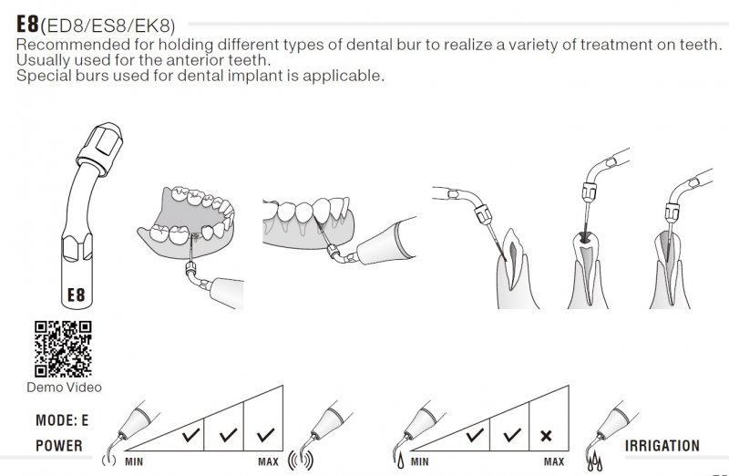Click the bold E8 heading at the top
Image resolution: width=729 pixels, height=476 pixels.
point(27,25)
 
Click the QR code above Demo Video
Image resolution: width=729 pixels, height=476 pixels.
point(63,348)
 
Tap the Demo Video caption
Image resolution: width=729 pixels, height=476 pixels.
point(64,388)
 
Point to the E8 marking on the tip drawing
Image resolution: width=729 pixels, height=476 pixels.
point(77,295)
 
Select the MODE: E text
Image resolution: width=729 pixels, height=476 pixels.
point(62,420)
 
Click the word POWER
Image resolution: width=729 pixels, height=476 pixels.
point(59,445)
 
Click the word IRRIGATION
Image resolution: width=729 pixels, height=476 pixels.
point(662,446)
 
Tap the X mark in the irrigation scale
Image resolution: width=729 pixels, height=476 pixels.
point(546,436)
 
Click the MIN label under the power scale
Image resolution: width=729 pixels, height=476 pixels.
point(134,462)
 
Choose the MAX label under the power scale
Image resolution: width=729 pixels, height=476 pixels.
point(268,462)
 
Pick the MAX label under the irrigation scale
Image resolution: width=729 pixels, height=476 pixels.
point(554,462)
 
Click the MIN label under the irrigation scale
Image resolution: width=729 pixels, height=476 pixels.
point(420,462)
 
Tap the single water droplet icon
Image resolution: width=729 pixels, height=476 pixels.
point(400,460)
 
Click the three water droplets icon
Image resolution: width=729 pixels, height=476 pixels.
point(595,461)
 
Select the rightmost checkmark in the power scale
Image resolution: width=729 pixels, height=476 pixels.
point(265,435)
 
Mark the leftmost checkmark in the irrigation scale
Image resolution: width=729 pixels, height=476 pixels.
point(475,435)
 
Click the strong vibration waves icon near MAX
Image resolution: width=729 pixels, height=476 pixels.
point(301,460)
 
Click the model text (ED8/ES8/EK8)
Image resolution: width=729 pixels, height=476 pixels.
point(108,26)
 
